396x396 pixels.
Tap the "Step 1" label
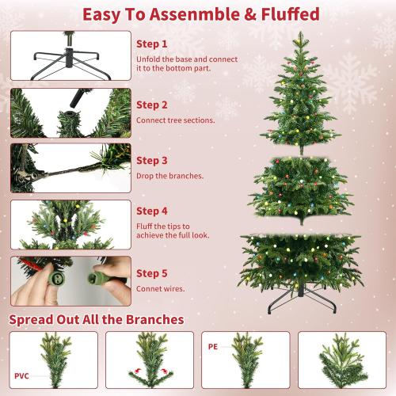(x=152, y=44)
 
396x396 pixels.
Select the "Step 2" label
(x=152, y=104)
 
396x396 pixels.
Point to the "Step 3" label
(x=152, y=159)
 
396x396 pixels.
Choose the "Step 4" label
(x=152, y=211)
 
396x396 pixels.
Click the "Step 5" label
(x=152, y=272)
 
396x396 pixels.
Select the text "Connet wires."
(x=160, y=289)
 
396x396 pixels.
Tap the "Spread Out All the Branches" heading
(x=97, y=319)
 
